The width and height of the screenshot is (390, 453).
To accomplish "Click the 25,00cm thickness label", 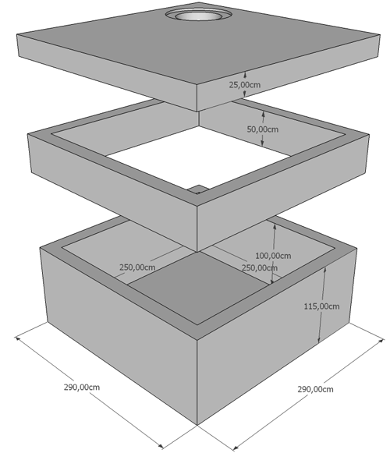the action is tap(245, 85).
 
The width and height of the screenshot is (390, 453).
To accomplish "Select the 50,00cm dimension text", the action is tap(263, 129).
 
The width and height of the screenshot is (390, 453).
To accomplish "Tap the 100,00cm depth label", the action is tap(273, 256).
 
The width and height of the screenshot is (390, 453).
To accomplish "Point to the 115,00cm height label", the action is tap(321, 306).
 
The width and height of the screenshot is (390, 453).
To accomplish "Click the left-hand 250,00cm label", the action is tap(137, 267).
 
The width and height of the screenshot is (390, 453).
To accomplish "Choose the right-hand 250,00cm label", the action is tap(260, 267).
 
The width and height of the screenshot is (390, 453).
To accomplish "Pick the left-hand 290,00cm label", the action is tap(82, 388).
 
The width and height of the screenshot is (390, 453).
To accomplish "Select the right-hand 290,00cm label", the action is tap(315, 389).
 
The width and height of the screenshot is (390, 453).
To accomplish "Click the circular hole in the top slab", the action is tap(198, 16).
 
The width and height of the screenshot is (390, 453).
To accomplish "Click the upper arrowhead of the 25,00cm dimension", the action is tap(245, 75).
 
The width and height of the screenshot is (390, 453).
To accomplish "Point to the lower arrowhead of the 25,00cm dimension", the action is tap(245, 94).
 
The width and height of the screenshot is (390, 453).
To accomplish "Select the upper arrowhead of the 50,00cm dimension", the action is tap(263, 114).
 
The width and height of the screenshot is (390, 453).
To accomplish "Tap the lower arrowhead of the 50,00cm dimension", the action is tap(263, 143).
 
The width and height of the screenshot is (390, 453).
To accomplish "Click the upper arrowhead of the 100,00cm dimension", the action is tap(275, 228).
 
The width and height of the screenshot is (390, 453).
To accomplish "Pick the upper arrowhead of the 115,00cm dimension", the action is tap(325, 271).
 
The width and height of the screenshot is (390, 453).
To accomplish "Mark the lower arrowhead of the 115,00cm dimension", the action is tap(319, 340).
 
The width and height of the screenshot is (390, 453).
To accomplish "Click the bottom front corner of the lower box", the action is tap(197, 425).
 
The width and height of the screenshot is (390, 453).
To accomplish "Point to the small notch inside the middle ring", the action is tap(198, 189).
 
